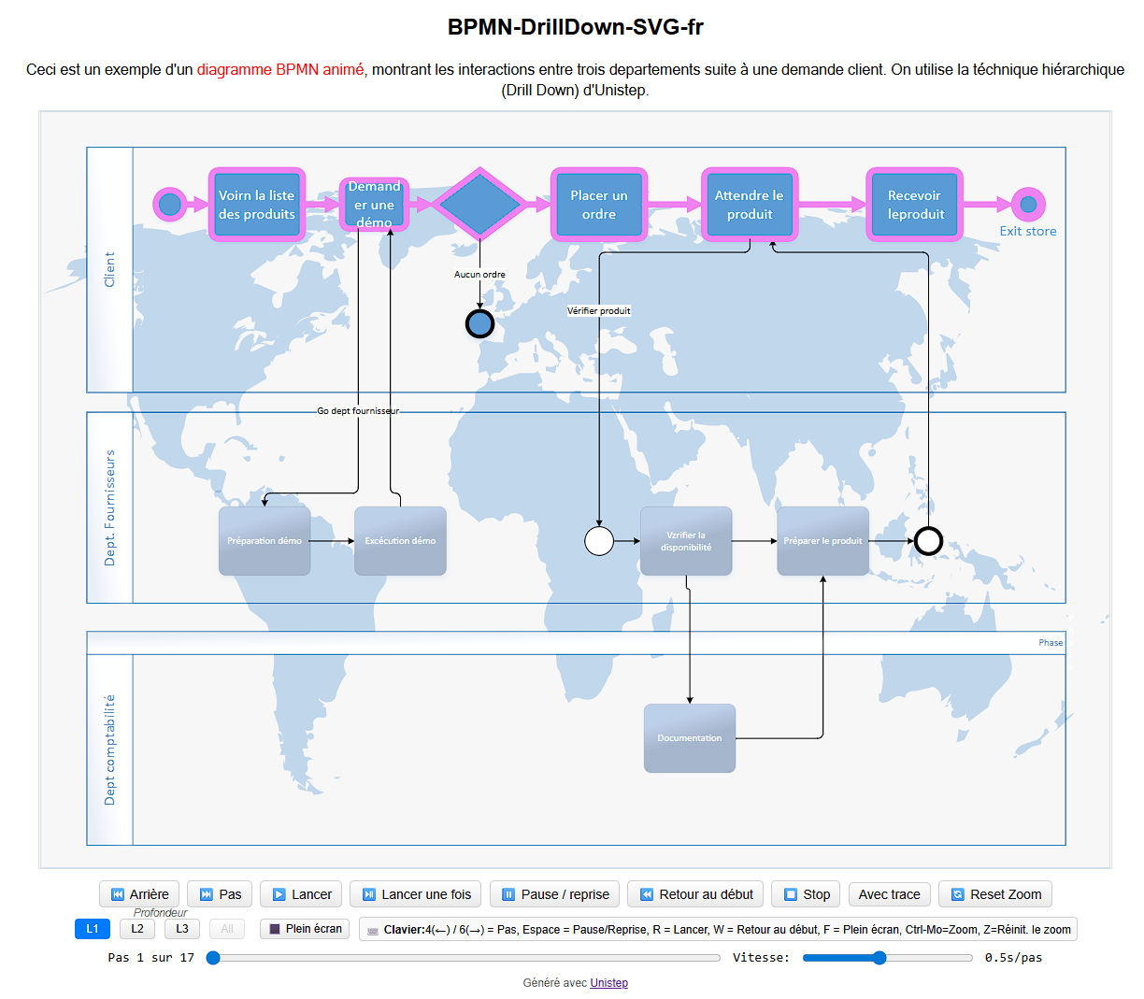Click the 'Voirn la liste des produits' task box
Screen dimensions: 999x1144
(x=257, y=205)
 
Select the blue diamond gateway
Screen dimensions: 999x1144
(x=479, y=204)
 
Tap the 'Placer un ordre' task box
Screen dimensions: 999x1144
(x=599, y=205)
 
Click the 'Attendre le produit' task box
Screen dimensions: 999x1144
(x=750, y=205)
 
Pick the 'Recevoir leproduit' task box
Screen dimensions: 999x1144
(x=915, y=205)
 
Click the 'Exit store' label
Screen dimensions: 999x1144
(x=1028, y=232)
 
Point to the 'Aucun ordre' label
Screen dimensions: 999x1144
(x=479, y=275)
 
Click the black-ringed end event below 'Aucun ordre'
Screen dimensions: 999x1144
(x=479, y=323)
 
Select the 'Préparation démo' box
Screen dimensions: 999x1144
(x=265, y=541)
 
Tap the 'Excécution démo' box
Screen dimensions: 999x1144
(x=400, y=541)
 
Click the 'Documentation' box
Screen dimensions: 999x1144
(x=690, y=738)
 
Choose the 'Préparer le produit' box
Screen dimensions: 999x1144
(x=822, y=541)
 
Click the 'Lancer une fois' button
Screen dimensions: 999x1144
(x=416, y=894)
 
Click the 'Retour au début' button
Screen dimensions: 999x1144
(x=695, y=894)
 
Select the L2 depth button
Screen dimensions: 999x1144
(x=137, y=929)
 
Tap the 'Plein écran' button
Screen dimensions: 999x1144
(x=305, y=929)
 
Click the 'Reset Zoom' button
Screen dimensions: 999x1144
(x=995, y=894)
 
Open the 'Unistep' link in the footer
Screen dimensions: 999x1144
(x=608, y=983)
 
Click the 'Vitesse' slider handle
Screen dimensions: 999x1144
(x=879, y=958)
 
